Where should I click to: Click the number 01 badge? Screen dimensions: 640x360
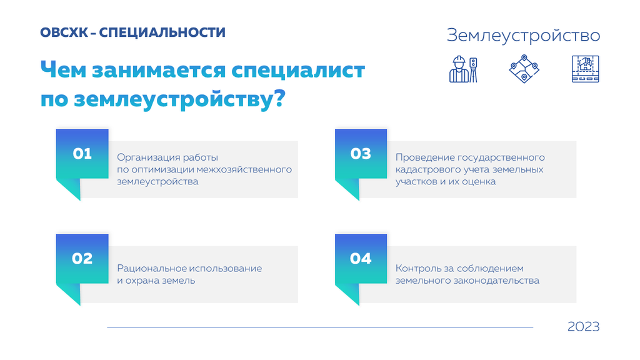[82, 154]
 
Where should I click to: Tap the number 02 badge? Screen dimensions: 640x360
[82, 259]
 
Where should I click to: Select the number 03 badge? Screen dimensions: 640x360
[361, 154]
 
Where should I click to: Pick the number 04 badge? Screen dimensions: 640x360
[361, 259]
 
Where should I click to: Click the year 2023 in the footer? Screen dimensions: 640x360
[583, 326]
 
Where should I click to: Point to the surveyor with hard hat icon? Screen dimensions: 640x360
[463, 69]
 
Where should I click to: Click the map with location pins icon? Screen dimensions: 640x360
[524, 69]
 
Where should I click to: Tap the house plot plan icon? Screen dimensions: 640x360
[585, 69]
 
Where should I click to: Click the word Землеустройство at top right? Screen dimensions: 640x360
[523, 36]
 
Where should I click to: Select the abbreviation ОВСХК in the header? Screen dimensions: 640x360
[64, 32]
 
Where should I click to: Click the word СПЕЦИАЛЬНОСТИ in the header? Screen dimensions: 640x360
[162, 32]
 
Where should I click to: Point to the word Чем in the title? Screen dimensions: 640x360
[63, 69]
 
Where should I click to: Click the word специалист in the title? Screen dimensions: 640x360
[298, 71]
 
